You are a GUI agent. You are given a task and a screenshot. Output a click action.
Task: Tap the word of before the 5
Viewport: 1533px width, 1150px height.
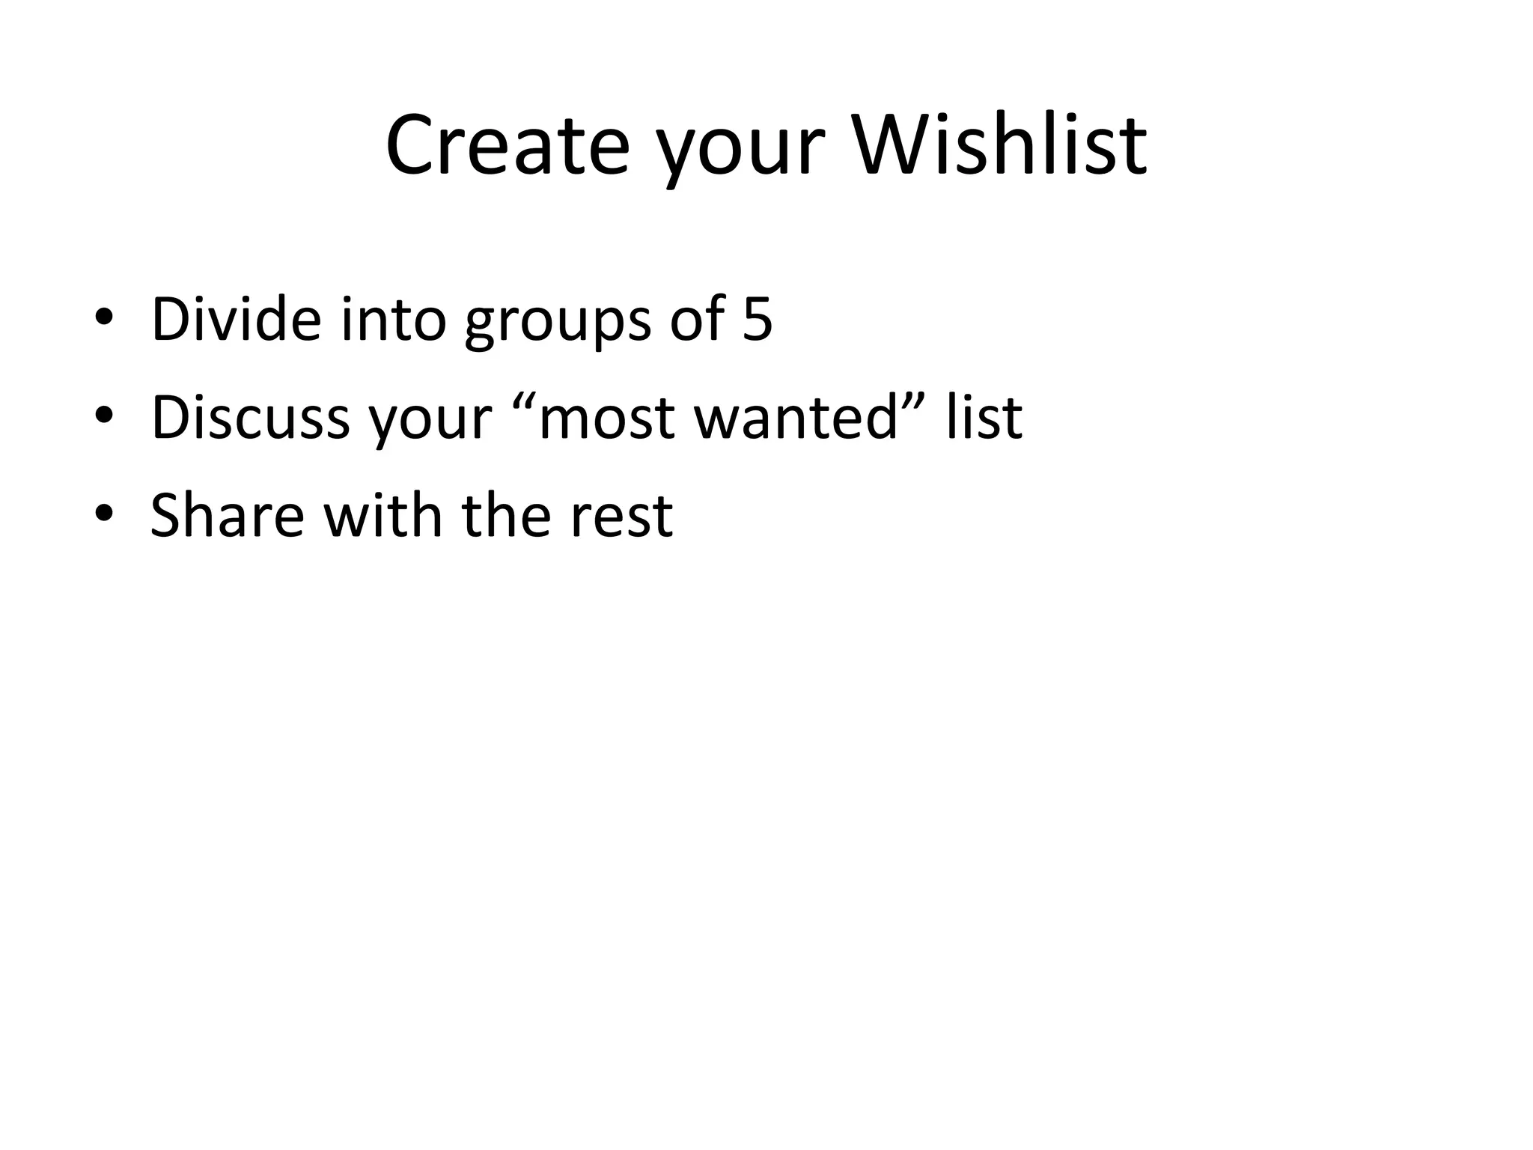[x=697, y=319]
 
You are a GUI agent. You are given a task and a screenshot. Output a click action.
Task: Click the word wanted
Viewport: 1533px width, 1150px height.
[x=795, y=417]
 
